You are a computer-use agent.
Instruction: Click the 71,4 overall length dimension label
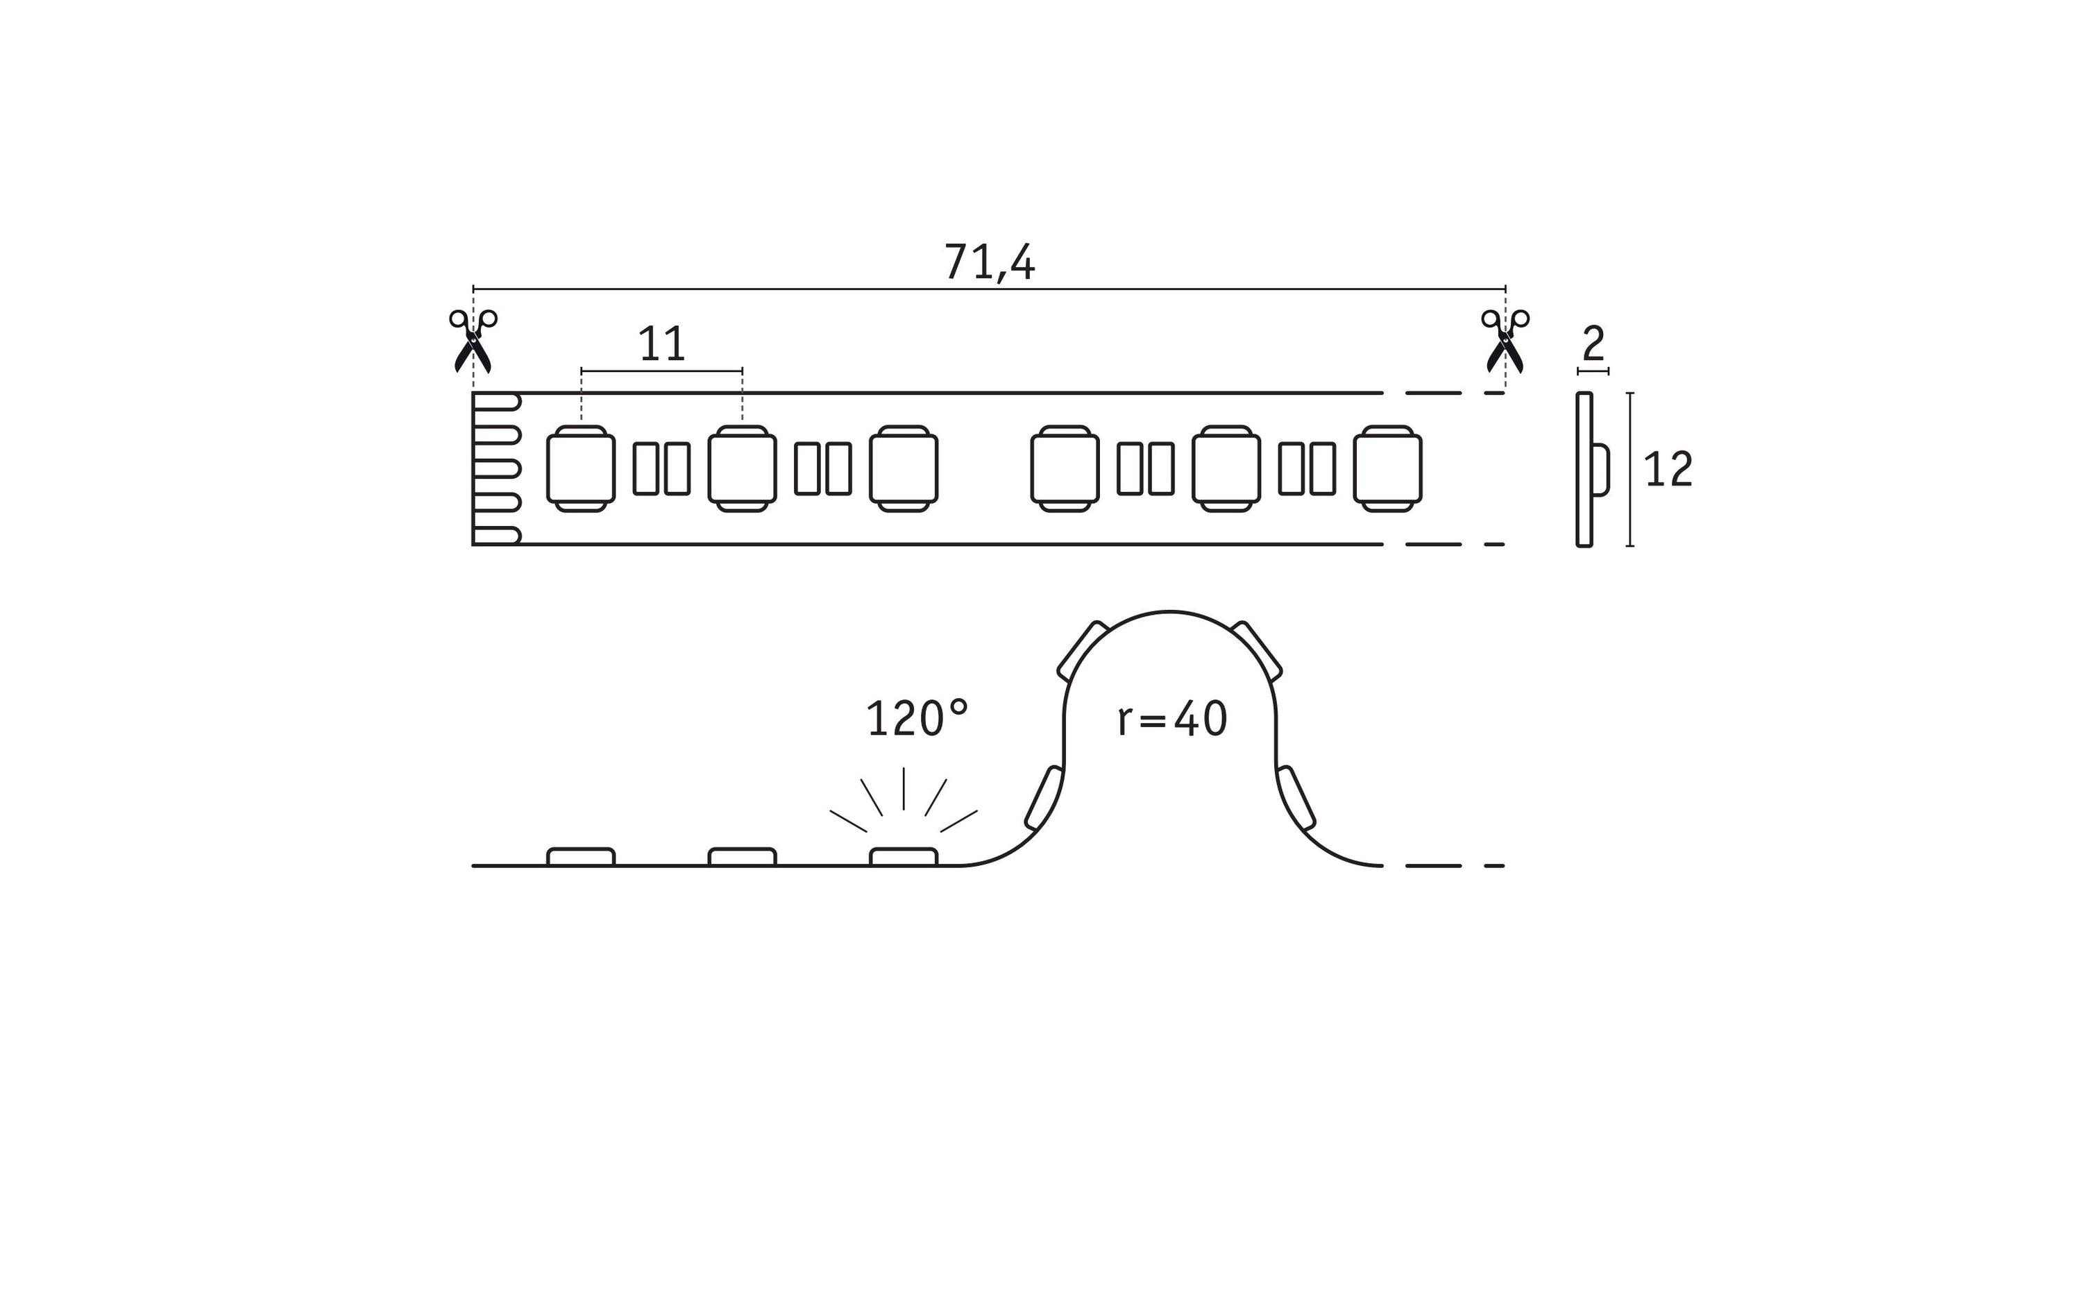[x=989, y=262]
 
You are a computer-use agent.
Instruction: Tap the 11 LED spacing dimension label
[x=661, y=344]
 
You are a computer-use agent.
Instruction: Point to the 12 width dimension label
[x=1668, y=470]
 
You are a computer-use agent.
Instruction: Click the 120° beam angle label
[x=917, y=719]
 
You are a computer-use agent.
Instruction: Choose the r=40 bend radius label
[x=1172, y=719]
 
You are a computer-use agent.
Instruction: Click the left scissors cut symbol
[x=473, y=341]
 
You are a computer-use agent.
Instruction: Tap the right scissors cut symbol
[x=1505, y=341]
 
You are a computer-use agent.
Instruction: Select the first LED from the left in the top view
[x=581, y=468]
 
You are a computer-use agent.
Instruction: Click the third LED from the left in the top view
[x=904, y=468]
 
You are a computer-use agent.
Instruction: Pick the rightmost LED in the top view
[x=1388, y=468]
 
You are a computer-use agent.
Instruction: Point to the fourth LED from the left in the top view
[x=1065, y=468]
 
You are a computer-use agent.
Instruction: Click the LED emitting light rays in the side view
[x=904, y=856]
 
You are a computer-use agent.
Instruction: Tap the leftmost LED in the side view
[x=581, y=856]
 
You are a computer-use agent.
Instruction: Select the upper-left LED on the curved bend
[x=1083, y=650]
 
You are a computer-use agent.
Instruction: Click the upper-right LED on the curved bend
[x=1256, y=650]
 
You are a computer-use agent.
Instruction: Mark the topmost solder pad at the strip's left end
[x=497, y=402]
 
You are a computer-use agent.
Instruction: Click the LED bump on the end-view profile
[x=1600, y=470]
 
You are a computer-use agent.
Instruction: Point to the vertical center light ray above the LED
[x=904, y=789]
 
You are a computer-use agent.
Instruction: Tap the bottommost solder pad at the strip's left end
[x=497, y=535]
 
